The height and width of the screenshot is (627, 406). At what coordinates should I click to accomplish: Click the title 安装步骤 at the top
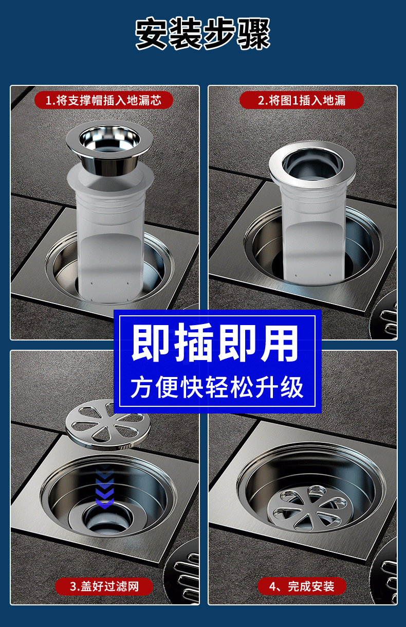(203, 34)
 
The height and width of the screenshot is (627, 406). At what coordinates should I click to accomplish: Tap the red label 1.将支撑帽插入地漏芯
(103, 100)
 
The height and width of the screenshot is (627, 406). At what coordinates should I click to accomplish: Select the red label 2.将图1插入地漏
(301, 100)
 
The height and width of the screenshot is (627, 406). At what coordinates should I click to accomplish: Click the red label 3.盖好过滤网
(104, 586)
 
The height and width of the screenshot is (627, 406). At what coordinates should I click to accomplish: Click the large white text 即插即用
(216, 344)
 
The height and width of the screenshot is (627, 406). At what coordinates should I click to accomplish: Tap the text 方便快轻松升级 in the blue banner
(216, 387)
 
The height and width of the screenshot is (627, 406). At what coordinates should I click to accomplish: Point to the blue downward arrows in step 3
(104, 486)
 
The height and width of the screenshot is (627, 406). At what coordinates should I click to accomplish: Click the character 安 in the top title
(153, 34)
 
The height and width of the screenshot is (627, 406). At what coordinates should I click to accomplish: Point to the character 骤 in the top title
(253, 34)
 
